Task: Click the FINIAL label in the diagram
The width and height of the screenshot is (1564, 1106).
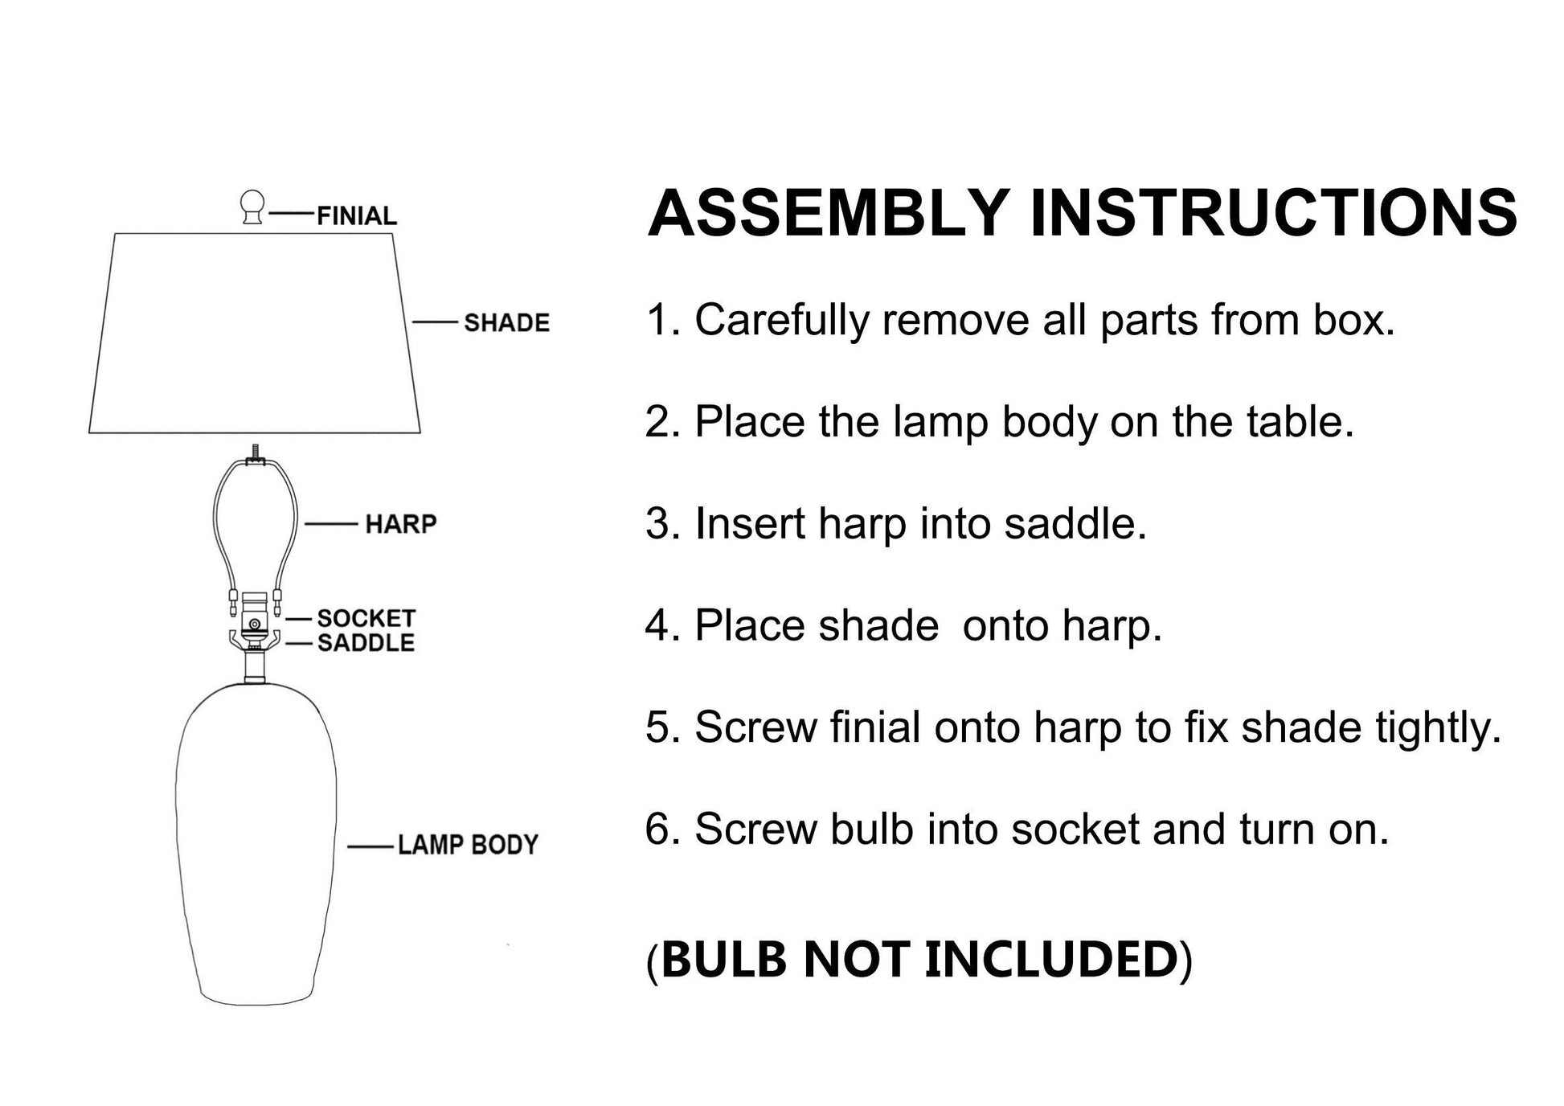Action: click(x=356, y=215)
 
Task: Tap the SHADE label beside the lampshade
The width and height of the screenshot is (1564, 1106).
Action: click(x=506, y=322)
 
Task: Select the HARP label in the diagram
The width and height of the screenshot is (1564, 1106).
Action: click(x=400, y=524)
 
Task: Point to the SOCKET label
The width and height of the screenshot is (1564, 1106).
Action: click(x=366, y=618)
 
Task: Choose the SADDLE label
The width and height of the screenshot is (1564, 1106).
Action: click(x=366, y=643)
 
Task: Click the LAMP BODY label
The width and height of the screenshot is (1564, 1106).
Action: click(x=468, y=845)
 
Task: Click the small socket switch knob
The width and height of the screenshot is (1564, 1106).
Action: click(x=255, y=625)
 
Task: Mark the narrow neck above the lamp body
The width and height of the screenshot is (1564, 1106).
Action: click(x=255, y=667)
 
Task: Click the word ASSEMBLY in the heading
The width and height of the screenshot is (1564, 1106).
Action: click(x=828, y=213)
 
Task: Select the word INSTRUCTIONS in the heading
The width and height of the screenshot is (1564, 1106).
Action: click(x=1273, y=213)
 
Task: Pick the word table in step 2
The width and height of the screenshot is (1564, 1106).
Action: click(x=1298, y=421)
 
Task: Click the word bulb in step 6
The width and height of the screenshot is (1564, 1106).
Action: click(x=872, y=829)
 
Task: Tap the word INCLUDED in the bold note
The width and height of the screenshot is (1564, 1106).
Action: click(x=1051, y=959)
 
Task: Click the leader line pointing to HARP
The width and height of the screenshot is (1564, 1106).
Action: click(x=331, y=524)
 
